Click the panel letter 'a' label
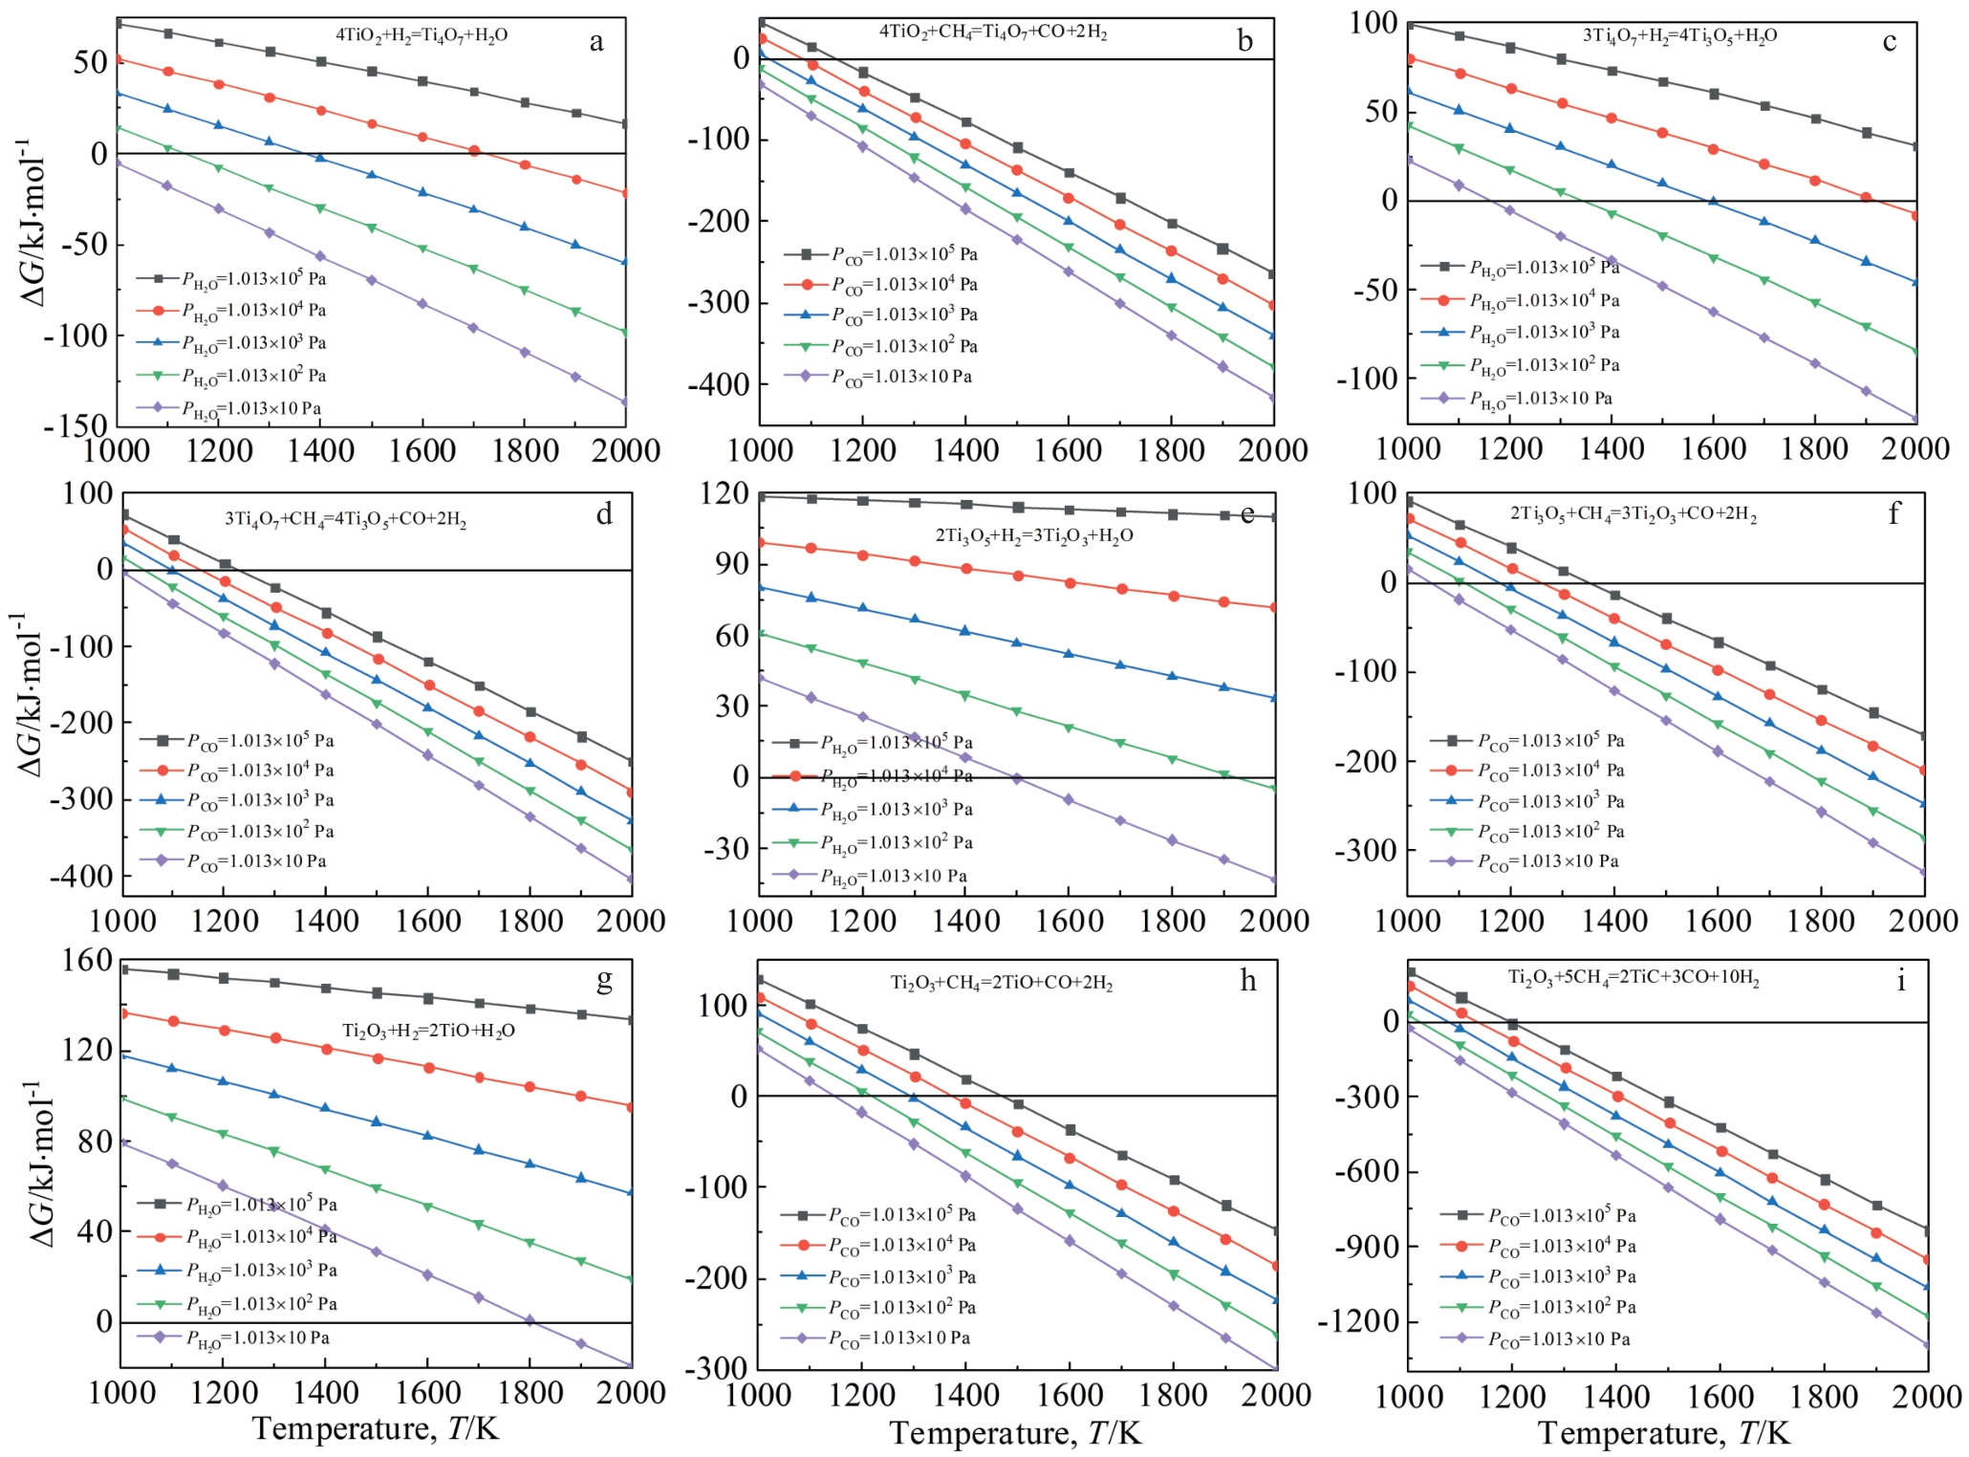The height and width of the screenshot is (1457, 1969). [596, 42]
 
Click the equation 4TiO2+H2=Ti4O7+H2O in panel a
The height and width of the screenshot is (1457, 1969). [422, 35]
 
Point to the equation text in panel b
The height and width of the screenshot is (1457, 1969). [993, 33]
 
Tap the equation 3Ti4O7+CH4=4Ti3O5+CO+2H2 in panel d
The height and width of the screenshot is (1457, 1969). [346, 520]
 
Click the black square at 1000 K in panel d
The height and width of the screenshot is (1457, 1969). [123, 515]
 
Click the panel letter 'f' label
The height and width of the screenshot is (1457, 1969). [1893, 513]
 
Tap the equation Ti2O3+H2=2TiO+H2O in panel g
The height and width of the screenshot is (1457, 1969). [428, 1031]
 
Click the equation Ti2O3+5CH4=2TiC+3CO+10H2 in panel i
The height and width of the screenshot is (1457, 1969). [1634, 978]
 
